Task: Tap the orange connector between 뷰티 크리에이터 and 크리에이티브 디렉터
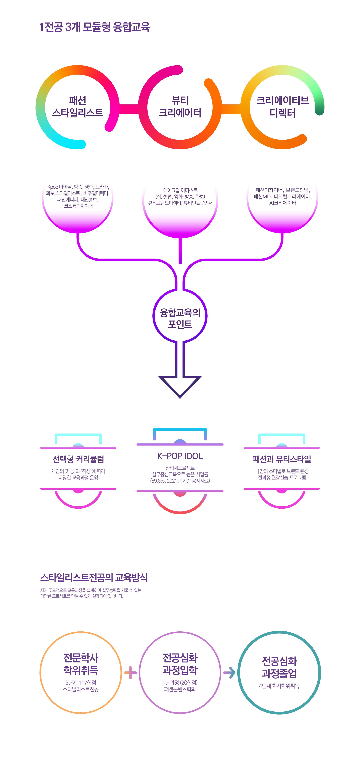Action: pyautogui.click(x=231, y=109)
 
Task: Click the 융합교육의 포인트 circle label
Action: pyautogui.click(x=180, y=318)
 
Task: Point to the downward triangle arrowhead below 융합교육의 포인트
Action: pyautogui.click(x=180, y=387)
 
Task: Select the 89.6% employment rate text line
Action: pyautogui.click(x=180, y=481)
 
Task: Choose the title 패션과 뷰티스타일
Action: pyautogui.click(x=282, y=459)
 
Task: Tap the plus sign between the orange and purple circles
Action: pyautogui.click(x=130, y=672)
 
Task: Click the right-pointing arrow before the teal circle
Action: pyautogui.click(x=229, y=672)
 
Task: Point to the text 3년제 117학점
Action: pyautogui.click(x=81, y=683)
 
